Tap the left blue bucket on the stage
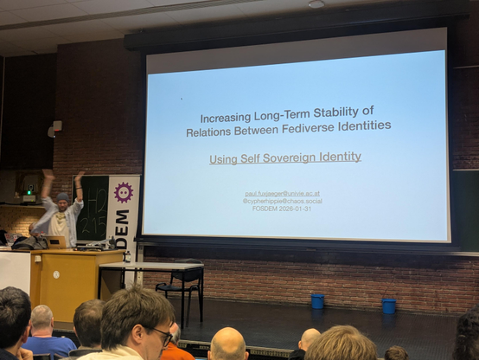(317, 300)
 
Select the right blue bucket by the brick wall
(389, 305)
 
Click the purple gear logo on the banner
(123, 192)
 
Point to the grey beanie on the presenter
(62, 197)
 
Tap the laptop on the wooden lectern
(54, 242)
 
